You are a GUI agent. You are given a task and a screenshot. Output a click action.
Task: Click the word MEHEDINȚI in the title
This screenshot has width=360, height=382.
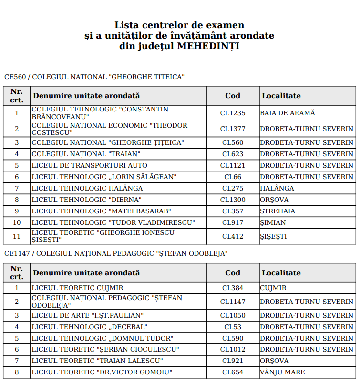pos(208,46)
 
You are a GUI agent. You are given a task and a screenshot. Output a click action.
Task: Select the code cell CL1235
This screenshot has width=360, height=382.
pos(233,113)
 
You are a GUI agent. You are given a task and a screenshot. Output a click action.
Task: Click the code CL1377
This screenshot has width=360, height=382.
pos(233,129)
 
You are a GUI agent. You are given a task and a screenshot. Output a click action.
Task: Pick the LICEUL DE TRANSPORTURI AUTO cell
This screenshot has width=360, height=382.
pos(90,165)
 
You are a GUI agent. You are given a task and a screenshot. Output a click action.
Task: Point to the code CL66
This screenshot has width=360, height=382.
pos(233,177)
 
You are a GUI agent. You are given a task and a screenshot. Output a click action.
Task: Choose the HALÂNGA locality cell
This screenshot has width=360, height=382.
pos(277,188)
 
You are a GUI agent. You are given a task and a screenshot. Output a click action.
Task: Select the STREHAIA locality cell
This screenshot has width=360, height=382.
pos(278,211)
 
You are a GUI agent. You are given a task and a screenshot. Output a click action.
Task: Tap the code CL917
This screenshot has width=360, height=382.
pos(233,222)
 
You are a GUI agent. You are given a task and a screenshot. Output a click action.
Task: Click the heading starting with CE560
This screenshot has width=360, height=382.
pos(94,77)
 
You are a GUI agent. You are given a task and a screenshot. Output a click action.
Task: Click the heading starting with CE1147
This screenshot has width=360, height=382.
pos(116,253)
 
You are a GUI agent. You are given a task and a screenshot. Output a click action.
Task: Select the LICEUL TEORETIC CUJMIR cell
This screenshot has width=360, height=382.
pos(77,288)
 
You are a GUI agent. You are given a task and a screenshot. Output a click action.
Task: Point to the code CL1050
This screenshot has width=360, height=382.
pos(233,315)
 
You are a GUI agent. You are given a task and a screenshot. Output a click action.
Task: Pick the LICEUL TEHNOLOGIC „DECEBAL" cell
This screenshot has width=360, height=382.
pos(90,327)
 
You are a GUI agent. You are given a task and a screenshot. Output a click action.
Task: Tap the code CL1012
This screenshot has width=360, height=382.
pos(233,350)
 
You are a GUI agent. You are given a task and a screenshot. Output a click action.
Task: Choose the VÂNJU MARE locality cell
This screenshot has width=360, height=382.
pos(282,372)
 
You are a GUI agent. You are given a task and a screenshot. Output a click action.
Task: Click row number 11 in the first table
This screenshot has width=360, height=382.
pos(17,236)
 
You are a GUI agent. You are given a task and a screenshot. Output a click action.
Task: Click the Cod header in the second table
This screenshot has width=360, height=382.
pos(233,273)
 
